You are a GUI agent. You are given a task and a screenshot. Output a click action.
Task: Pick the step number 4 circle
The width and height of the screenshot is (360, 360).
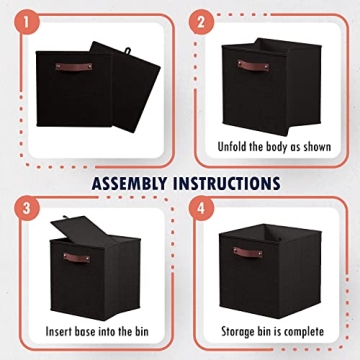click(201, 209)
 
